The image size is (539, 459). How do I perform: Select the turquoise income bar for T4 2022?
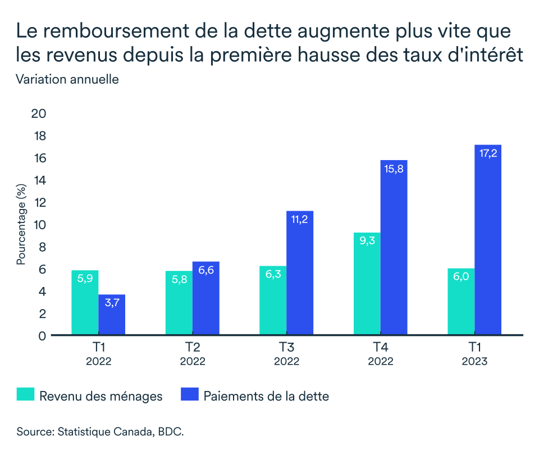(x=367, y=284)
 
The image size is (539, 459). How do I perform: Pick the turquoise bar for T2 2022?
(x=179, y=303)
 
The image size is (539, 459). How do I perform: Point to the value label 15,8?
(x=394, y=169)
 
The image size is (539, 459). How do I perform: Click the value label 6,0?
(x=461, y=277)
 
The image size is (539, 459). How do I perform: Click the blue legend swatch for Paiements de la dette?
(x=190, y=395)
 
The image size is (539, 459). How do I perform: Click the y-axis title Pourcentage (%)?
(x=21, y=224)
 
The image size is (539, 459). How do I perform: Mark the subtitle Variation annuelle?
(x=67, y=79)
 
